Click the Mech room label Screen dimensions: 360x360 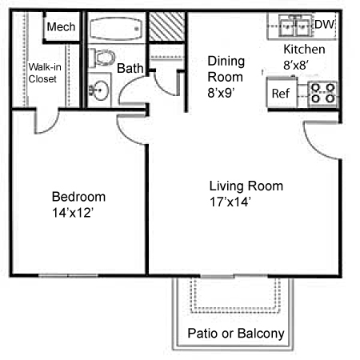click(x=61, y=27)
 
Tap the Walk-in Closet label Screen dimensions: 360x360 click(x=45, y=73)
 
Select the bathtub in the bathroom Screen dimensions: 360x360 click(x=115, y=29)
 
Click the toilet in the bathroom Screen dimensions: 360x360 click(x=102, y=58)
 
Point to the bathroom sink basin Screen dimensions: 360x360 click(x=99, y=90)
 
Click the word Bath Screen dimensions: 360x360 click(x=130, y=68)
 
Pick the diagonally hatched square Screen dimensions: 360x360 click(x=166, y=26)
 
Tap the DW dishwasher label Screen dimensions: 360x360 click(x=324, y=25)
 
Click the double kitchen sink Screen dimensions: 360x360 click(x=295, y=26)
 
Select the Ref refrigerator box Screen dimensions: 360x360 click(x=282, y=93)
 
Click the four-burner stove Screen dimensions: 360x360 click(x=322, y=93)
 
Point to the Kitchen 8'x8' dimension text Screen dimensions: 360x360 click(x=304, y=57)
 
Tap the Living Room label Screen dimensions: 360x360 click(x=246, y=186)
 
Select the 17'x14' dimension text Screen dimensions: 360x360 click(x=230, y=202)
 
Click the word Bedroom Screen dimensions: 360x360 click(x=78, y=197)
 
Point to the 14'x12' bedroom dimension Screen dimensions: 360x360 click(x=73, y=213)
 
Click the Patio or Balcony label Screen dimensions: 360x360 click(x=236, y=334)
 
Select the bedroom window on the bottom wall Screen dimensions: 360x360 click(x=69, y=275)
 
